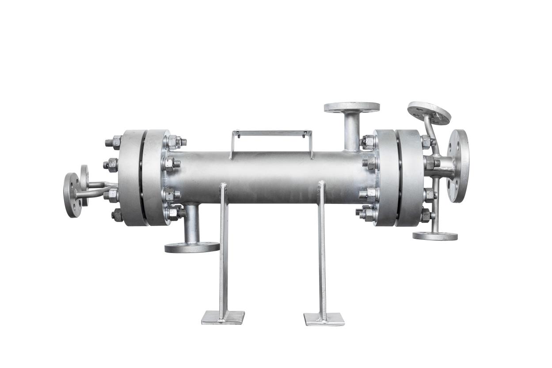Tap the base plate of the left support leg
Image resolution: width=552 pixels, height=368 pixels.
pos(223,317)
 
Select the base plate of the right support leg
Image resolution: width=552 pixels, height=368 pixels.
pos(324,318)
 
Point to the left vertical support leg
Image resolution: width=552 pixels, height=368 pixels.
pos(224,248)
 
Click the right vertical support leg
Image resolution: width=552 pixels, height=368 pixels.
pos(322,248)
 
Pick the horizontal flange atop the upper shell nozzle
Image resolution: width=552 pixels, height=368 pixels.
pos(351,107)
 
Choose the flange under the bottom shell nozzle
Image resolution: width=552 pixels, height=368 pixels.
pos(192,247)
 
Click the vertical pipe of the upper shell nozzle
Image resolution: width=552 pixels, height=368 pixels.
pos(352,130)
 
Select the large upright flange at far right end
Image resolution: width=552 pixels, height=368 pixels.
pos(458,165)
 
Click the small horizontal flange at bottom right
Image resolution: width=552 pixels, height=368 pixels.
pos(435,236)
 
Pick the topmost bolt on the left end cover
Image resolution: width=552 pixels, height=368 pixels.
pos(114,142)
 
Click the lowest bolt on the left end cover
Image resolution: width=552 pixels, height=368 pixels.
pos(117,215)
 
